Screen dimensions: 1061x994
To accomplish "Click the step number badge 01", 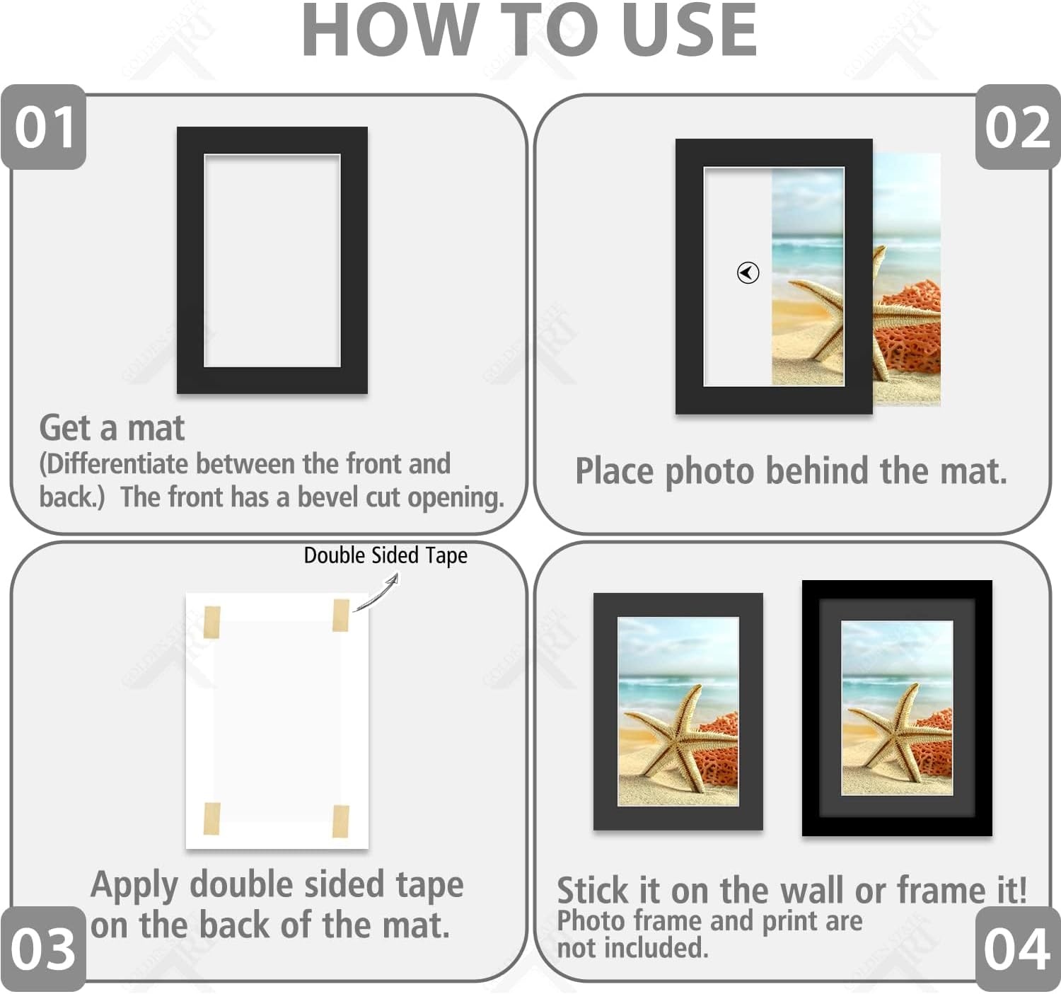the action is click(44, 127).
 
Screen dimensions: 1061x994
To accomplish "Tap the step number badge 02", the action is click(1018, 127).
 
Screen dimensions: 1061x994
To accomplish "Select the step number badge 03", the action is click(44, 949).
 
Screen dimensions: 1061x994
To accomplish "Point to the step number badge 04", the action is click(1018, 949).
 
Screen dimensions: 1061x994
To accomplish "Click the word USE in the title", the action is click(690, 30).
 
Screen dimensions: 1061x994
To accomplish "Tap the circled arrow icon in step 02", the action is click(748, 272).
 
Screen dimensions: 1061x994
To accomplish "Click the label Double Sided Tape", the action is click(385, 556).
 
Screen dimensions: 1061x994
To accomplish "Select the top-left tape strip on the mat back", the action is click(212, 622).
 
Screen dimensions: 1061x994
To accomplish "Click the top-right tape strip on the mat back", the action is click(341, 615).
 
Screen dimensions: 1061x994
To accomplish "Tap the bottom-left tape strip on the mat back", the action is click(212, 818).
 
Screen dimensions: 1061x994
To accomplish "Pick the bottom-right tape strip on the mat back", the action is click(341, 821).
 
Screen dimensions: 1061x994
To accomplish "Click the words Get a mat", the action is click(112, 428).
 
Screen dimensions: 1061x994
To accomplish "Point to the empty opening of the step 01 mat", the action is click(272, 261).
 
